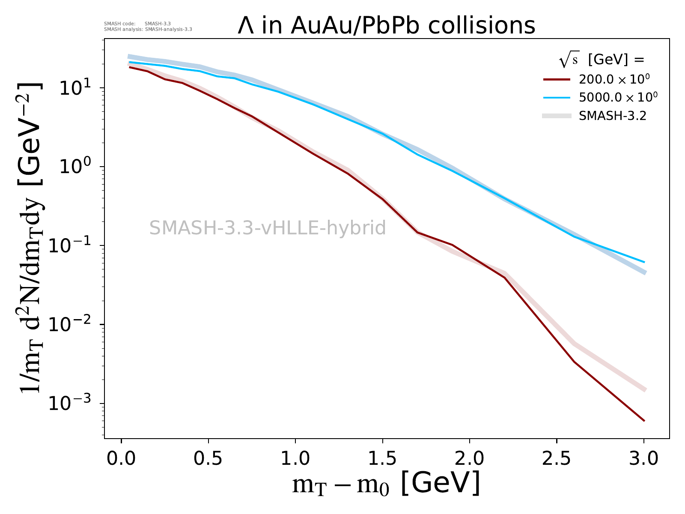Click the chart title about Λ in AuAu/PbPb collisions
point(387,25)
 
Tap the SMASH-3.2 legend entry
point(612,116)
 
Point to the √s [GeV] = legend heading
point(602,60)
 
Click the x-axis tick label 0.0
point(121,459)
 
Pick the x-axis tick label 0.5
point(208,459)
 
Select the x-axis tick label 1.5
point(382,459)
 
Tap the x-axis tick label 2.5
point(557,459)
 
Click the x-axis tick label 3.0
point(643,459)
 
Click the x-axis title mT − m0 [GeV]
point(386,484)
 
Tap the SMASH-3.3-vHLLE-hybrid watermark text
point(268,228)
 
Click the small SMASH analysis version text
point(148,30)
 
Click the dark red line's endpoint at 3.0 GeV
point(644,421)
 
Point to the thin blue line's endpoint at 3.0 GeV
point(644,262)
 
